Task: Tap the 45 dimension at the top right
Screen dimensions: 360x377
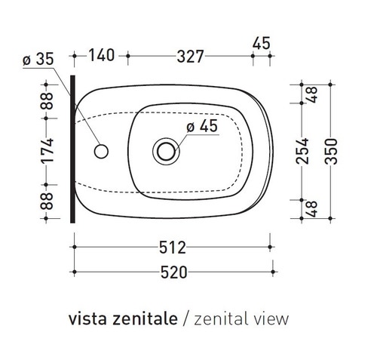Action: pyautogui.click(x=261, y=43)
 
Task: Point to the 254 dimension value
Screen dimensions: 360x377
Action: pyautogui.click(x=306, y=151)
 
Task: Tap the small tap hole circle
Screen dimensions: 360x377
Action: pyautogui.click(x=100, y=151)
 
